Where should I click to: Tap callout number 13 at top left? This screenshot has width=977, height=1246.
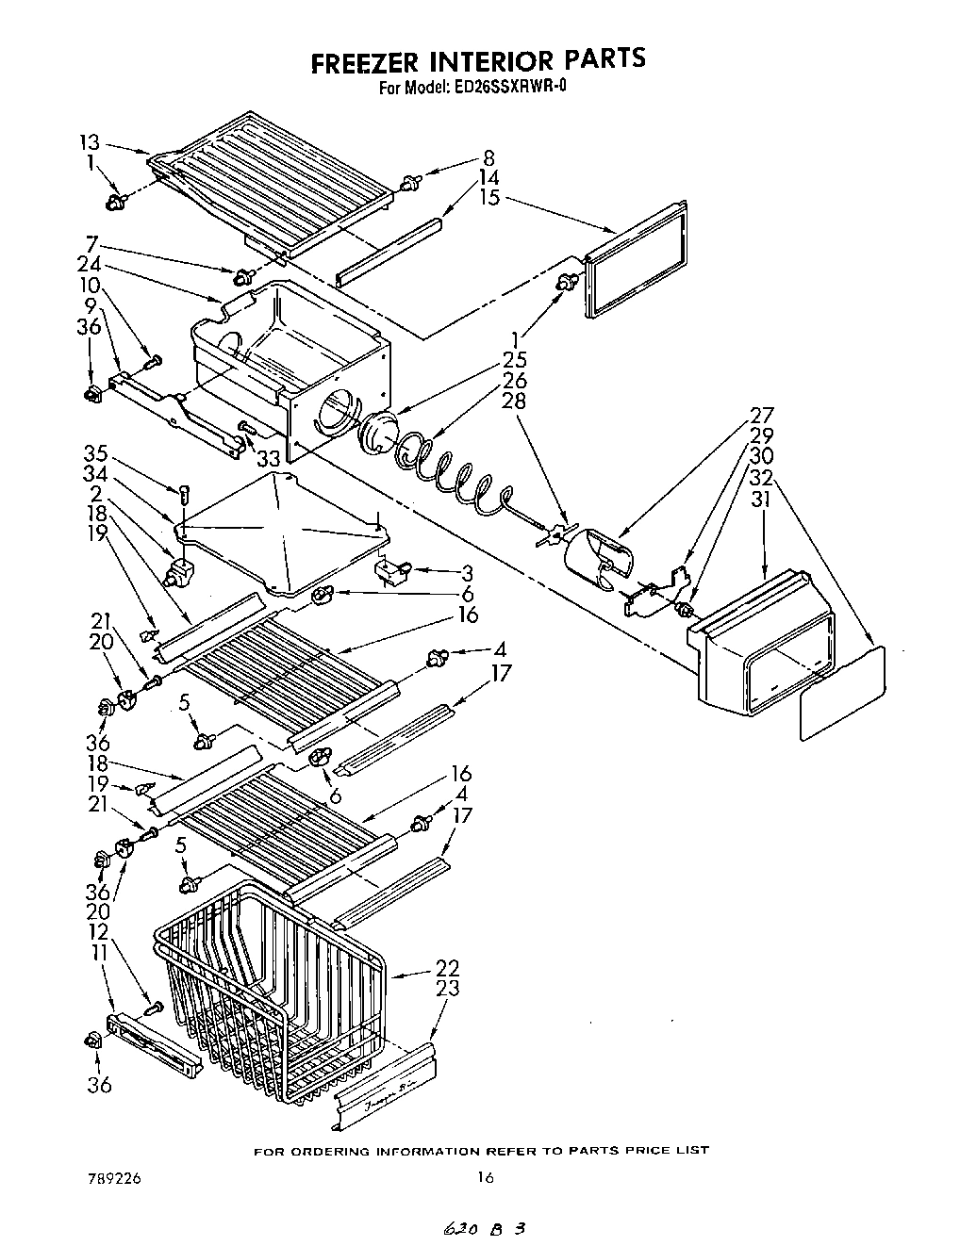[89, 142]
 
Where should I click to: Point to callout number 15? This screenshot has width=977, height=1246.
[488, 197]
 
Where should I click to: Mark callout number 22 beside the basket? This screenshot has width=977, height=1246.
[447, 967]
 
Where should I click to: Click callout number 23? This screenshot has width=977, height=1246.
[447, 988]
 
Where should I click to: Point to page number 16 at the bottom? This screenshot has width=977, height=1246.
[486, 1177]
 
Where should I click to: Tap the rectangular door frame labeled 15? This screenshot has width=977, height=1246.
[636, 257]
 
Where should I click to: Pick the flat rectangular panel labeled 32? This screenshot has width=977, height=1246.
[842, 693]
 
